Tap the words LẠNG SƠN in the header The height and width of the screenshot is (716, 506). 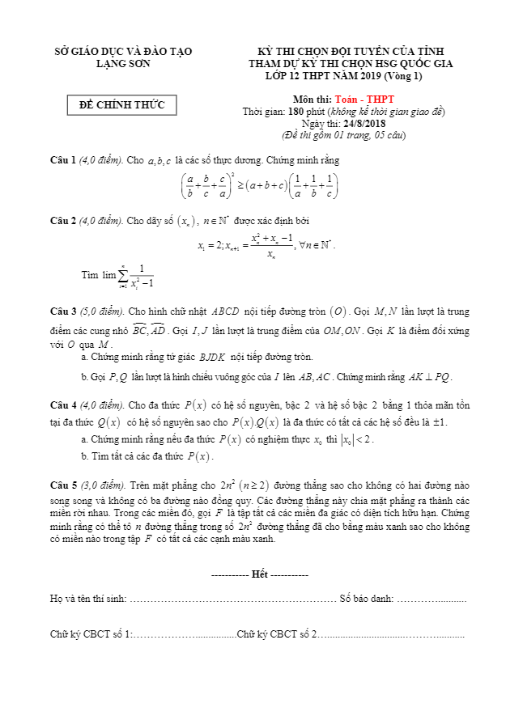[122, 63]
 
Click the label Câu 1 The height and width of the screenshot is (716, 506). [62, 160]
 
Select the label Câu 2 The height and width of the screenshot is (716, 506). [62, 221]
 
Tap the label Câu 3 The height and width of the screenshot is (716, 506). [62, 311]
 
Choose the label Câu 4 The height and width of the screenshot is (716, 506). [62, 405]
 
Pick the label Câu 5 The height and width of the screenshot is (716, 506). [62, 485]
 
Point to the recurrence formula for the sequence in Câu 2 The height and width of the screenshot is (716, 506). [266, 245]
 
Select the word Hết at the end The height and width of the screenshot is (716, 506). [259, 574]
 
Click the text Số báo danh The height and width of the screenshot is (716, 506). [366, 599]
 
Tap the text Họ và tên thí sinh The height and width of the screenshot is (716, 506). [87, 599]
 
